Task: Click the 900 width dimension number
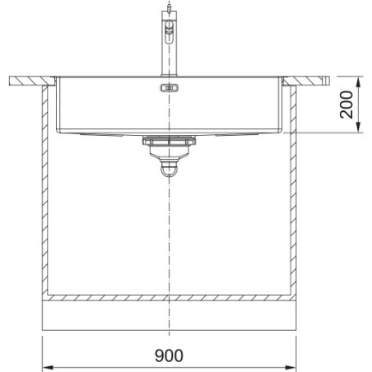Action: [x=169, y=356]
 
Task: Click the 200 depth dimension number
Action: [x=346, y=105]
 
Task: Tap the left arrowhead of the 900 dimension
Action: [x=48, y=367]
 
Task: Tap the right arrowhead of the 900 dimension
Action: [x=291, y=367]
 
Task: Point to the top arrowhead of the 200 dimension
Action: [x=358, y=81]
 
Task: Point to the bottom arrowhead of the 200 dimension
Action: [x=358, y=128]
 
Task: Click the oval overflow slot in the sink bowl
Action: [x=169, y=88]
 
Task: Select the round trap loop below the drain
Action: [x=169, y=171]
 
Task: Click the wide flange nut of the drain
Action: [x=169, y=141]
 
